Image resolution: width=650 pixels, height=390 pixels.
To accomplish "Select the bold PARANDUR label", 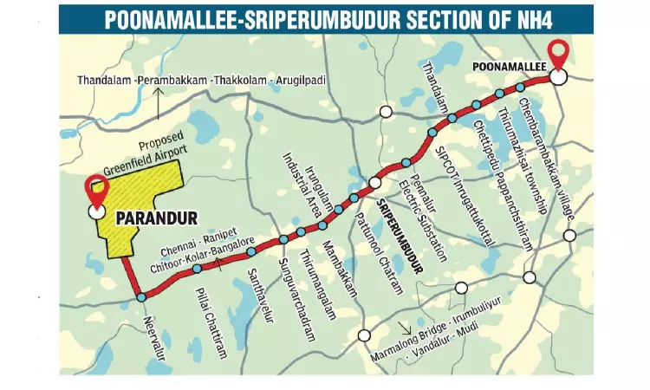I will tap(157, 213).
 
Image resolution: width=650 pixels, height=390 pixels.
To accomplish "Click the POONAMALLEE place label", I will tap(505, 65).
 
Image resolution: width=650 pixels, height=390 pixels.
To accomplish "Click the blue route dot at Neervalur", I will tap(141, 298).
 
